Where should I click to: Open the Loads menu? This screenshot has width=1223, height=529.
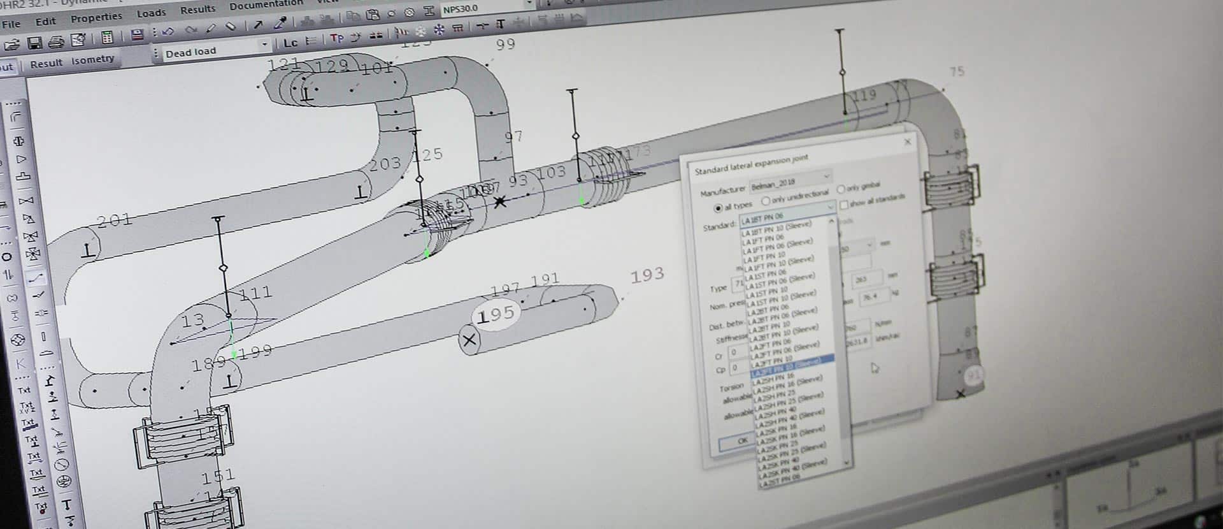pos(151,13)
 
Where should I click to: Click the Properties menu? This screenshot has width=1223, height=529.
pos(96,17)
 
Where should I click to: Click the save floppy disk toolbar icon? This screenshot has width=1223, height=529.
pos(35,43)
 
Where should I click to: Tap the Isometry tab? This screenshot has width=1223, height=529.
pos(92,60)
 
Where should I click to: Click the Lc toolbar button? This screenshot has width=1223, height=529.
pos(290,43)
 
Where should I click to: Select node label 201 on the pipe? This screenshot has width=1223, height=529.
pos(115,221)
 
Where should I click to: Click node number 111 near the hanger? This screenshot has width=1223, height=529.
pos(256,293)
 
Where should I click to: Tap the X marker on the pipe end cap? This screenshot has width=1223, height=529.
pos(469,340)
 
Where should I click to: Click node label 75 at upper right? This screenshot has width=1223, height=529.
pos(957,72)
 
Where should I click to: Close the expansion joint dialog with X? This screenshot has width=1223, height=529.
pos(908,141)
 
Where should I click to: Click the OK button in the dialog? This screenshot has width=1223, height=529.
pos(742,440)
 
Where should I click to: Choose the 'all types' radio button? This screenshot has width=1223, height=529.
pos(719,208)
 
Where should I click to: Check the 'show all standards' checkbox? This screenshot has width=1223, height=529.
pos(844,205)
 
